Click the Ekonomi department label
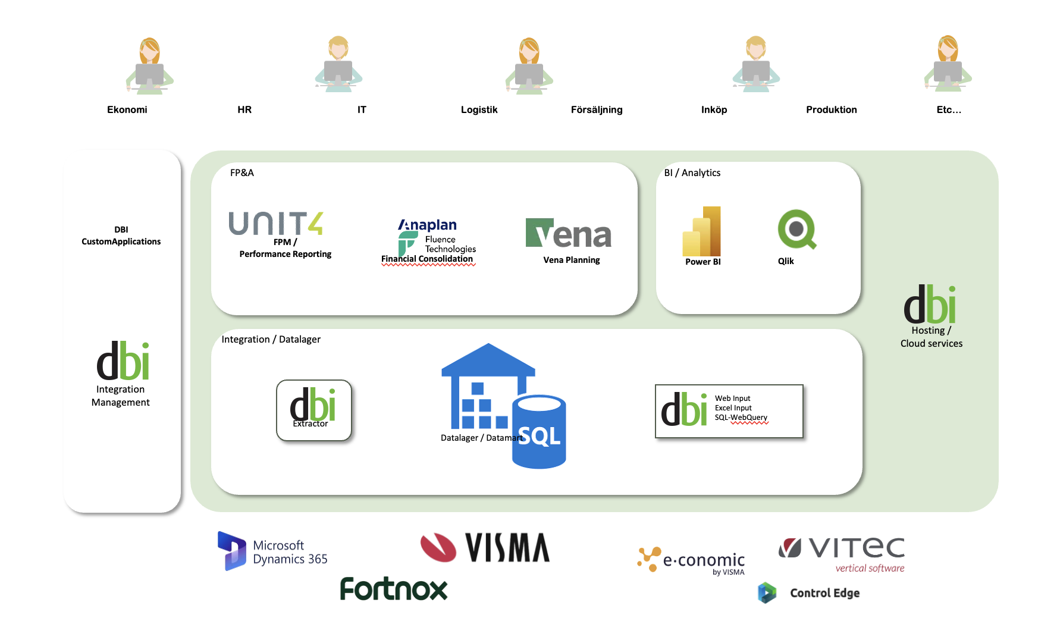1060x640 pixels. coord(127,109)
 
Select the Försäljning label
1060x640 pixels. coord(596,109)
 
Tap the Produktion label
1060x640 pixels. coord(831,109)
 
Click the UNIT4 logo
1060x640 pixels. coord(276,224)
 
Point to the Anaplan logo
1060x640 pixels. coord(428,225)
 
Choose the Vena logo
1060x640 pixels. coord(569,234)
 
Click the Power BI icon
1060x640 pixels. coord(702,231)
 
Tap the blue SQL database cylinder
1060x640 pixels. coord(539,432)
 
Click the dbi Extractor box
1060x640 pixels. coord(313,410)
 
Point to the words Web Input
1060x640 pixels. coord(732,399)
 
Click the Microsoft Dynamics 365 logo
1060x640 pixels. coord(273,551)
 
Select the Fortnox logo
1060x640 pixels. coord(393,589)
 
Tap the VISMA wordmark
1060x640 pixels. coord(507,548)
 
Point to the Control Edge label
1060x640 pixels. coord(824,593)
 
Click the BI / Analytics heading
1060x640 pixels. coord(692,173)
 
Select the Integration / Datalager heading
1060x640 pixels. coord(271,340)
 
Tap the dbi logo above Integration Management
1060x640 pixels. coord(123,361)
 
